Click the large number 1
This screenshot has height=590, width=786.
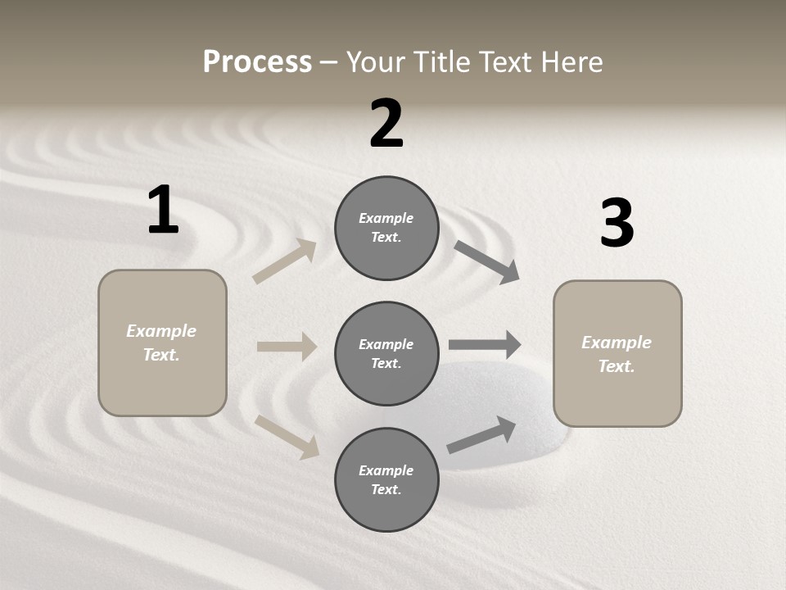tap(163, 211)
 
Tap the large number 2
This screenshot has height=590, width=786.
tap(386, 124)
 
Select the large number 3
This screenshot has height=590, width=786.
tap(617, 224)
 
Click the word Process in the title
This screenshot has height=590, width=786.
tap(257, 61)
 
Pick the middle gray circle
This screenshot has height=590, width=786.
tap(386, 353)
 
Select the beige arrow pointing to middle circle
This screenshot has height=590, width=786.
tap(287, 347)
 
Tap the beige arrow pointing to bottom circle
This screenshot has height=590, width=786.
tap(287, 436)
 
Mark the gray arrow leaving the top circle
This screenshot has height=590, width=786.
tap(487, 262)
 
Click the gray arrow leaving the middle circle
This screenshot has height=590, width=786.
tap(485, 345)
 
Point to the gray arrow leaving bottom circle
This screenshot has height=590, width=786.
tap(481, 434)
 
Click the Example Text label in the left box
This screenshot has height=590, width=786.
tap(161, 343)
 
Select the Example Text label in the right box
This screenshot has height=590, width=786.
tap(617, 354)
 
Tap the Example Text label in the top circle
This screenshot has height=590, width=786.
tap(386, 228)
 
